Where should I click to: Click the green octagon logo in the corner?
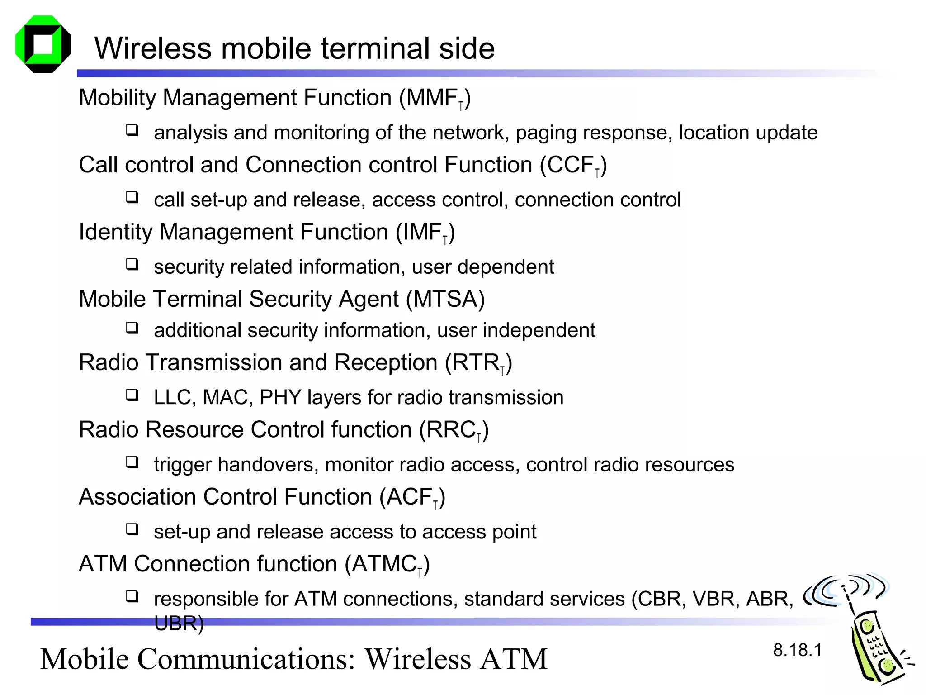[43, 44]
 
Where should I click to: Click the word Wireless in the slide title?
[153, 48]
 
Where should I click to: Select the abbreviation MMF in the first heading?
[431, 98]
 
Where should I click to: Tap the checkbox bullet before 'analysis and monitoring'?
[132, 131]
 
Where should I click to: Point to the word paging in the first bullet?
[545, 133]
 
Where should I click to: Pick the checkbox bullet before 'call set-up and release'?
[132, 198]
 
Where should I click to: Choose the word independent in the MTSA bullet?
[539, 330]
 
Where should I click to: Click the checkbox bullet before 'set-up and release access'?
[132, 529]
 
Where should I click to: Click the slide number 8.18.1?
[797, 650]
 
